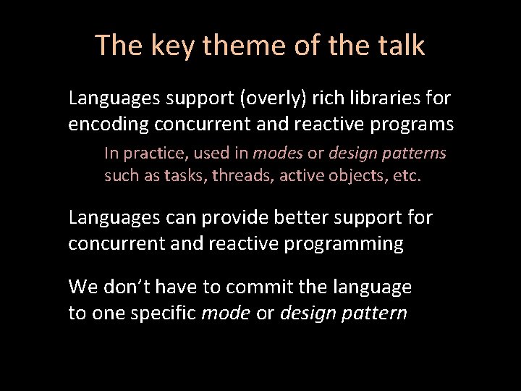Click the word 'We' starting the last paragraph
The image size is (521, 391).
pos(81,287)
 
